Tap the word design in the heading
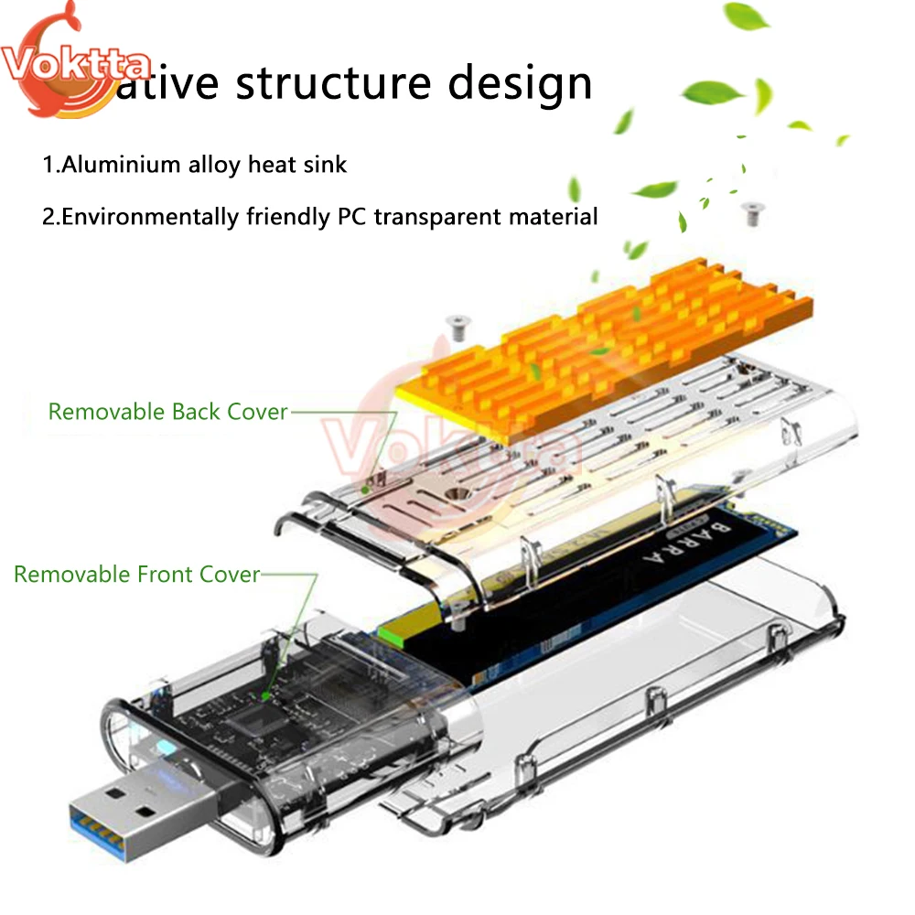coord(520,84)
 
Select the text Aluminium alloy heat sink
coord(195,165)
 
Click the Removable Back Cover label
coord(167,412)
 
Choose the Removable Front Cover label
coord(136,575)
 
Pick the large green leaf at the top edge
coord(747,16)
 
